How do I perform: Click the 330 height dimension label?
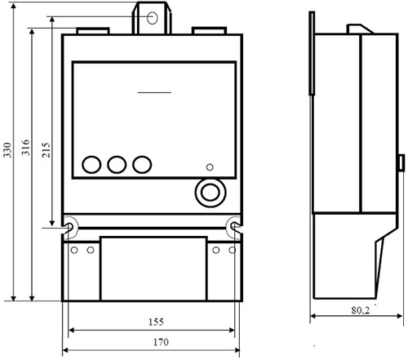(x=7, y=149)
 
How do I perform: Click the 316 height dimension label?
(x=25, y=147)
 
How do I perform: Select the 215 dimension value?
(x=46, y=149)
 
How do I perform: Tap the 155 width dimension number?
(x=156, y=322)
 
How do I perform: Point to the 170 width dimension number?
(x=161, y=342)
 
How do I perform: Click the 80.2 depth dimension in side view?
(x=361, y=310)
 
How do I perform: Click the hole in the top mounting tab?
(x=153, y=18)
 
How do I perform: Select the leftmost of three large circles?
(x=91, y=165)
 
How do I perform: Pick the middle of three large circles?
(x=117, y=165)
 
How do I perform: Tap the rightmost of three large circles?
(x=142, y=165)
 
